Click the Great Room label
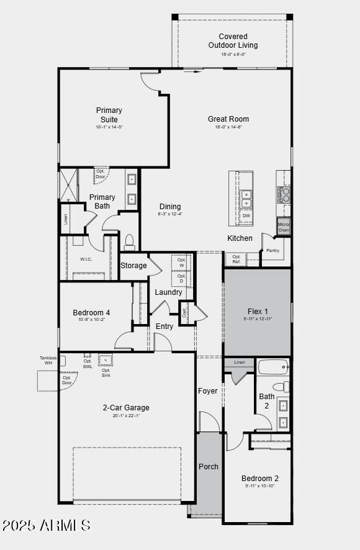tap(228, 119)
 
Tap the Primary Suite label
tap(109, 115)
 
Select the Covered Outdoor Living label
tap(233, 41)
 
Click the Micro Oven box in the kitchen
tap(284, 227)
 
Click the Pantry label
tap(272, 251)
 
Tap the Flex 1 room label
tap(258, 312)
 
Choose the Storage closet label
tap(133, 266)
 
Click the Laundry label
tap(168, 292)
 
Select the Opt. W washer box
tap(181, 263)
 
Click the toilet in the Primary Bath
tap(130, 241)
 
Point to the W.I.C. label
tap(86, 259)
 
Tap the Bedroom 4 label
tap(91, 313)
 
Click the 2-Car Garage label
tap(126, 408)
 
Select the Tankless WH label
tap(48, 360)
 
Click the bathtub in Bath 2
tap(273, 367)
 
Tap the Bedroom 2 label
tap(260, 479)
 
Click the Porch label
tap(209, 466)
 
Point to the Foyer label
tap(208, 391)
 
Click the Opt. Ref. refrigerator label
tap(236, 259)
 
